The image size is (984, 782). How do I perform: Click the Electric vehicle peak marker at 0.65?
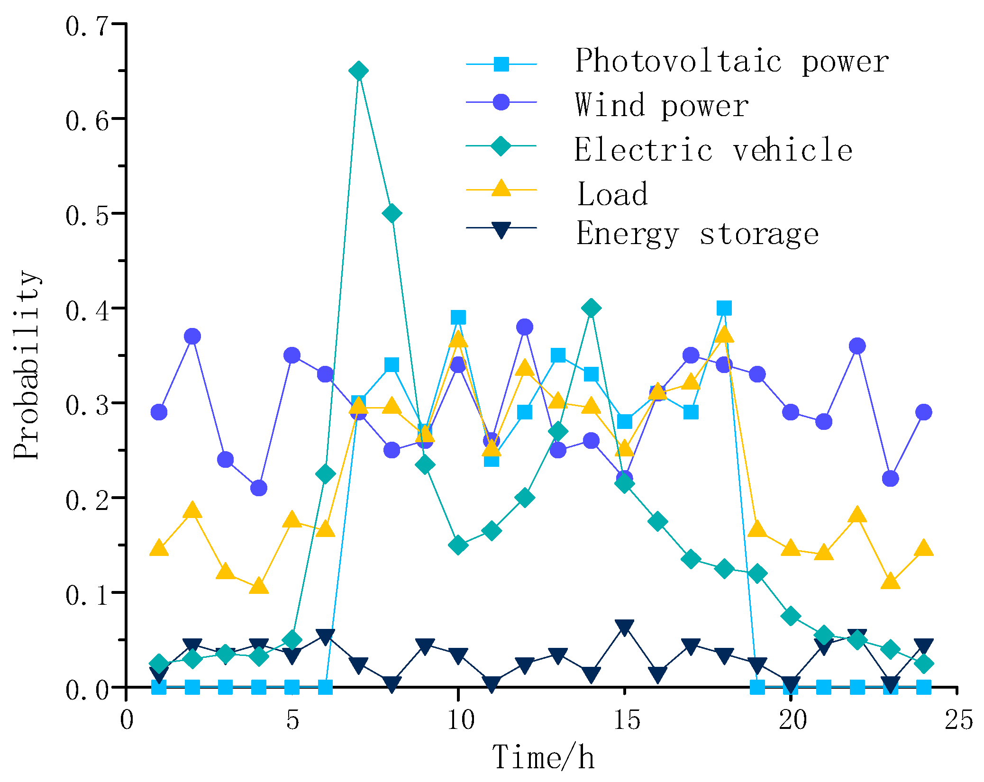pyautogui.click(x=358, y=71)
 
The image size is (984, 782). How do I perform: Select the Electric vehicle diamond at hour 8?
pyautogui.click(x=392, y=213)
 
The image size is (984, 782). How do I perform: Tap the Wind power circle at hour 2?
pyautogui.click(x=192, y=336)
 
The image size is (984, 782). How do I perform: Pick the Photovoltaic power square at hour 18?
pyautogui.click(x=724, y=308)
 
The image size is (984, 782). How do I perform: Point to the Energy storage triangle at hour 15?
pyautogui.click(x=624, y=627)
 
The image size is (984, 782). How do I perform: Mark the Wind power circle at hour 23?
pyautogui.click(x=890, y=479)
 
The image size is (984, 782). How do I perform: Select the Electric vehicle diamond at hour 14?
pyautogui.click(x=591, y=308)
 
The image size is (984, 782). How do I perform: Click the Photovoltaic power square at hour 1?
pyautogui.click(x=159, y=687)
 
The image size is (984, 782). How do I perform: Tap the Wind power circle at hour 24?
pyautogui.click(x=923, y=412)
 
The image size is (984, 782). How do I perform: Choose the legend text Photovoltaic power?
pyautogui.click(x=731, y=62)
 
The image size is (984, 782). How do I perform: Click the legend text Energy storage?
pyautogui.click(x=697, y=234)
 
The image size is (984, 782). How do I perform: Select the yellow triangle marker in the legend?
pyautogui.click(x=501, y=188)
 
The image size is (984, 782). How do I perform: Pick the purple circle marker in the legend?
pyautogui.click(x=501, y=102)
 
